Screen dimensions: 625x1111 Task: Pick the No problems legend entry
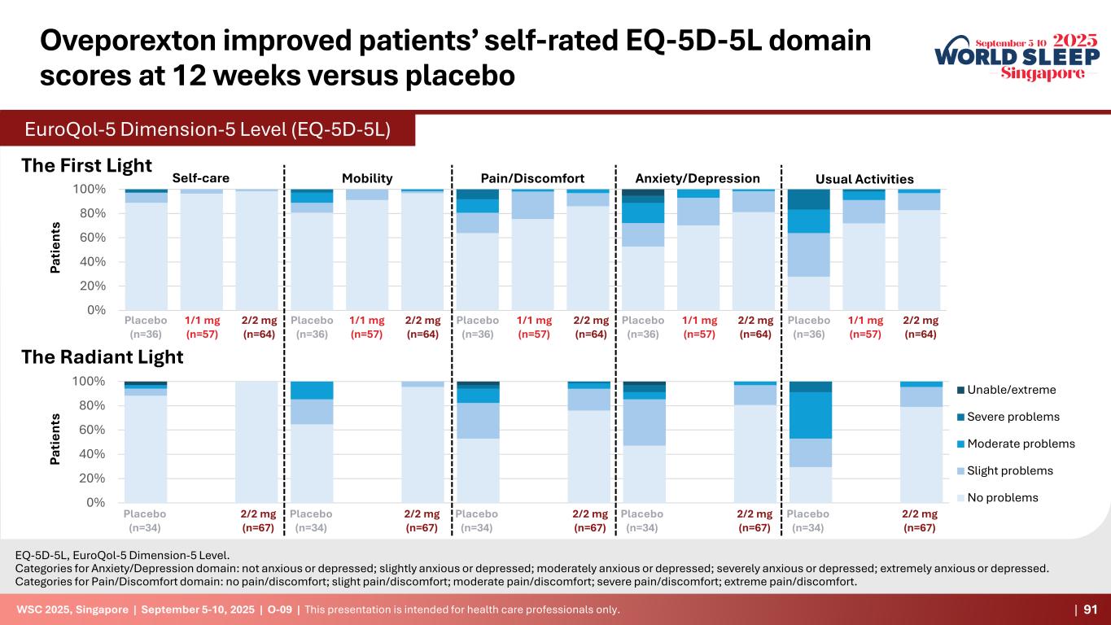coord(1009,497)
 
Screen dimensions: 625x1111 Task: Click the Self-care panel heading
coord(201,178)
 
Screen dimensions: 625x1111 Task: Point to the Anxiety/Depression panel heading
coord(697,178)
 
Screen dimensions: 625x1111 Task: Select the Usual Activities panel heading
coord(864,179)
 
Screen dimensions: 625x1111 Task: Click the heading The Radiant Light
coord(102,356)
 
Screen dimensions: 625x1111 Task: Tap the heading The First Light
coord(86,165)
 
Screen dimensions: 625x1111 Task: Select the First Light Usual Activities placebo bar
coord(808,250)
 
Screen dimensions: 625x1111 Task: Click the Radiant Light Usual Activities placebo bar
coord(811,442)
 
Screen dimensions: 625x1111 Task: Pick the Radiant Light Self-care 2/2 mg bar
coord(256,442)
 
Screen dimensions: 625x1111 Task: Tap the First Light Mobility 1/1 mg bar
coord(367,250)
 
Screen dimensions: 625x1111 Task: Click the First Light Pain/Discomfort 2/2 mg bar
coord(588,250)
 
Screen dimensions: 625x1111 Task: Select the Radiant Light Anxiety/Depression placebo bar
coord(645,442)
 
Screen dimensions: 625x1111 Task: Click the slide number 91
coord(1089,610)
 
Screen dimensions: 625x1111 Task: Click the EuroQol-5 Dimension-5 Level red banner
coord(208,130)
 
